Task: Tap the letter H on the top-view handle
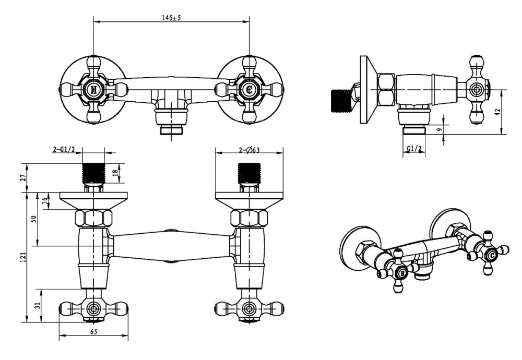94,89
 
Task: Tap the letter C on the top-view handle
248,89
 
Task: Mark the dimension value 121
24,256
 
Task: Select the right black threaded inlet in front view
248,173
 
